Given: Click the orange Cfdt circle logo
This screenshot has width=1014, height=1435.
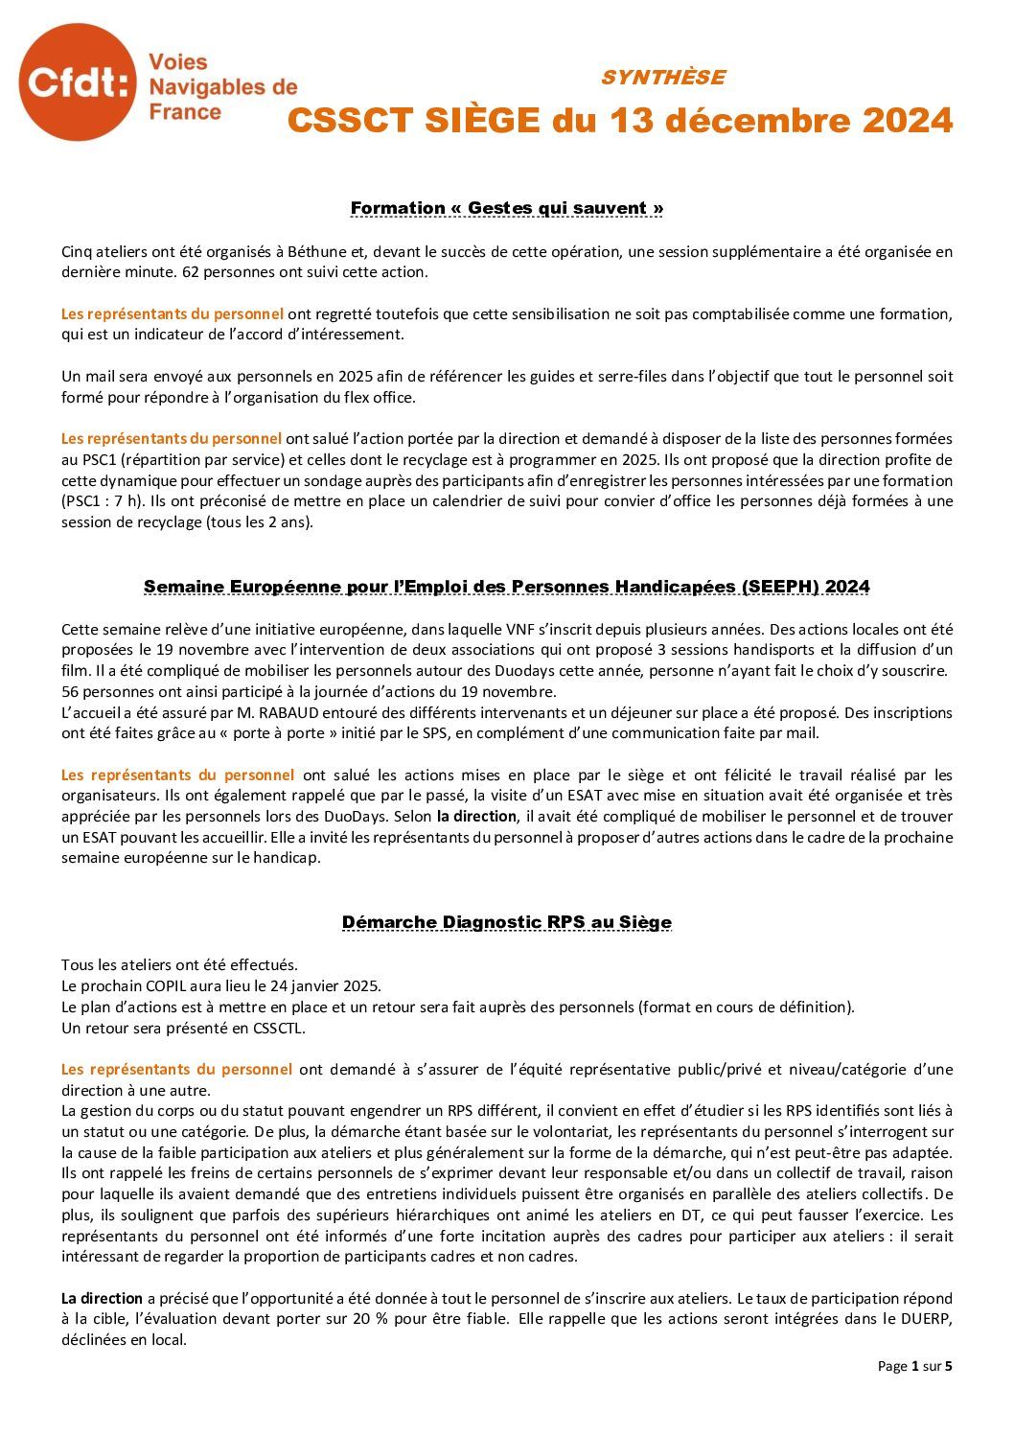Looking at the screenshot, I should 79,82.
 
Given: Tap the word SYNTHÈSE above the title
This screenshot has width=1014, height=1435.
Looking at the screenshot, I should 662,78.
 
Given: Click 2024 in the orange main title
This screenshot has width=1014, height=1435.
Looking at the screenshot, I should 907,122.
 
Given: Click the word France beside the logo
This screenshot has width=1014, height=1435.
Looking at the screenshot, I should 185,112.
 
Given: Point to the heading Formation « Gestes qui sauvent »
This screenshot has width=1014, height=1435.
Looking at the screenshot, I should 507,208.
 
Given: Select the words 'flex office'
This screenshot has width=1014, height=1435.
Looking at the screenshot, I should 381,398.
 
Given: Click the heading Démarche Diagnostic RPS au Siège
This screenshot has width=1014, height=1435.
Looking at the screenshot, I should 507,922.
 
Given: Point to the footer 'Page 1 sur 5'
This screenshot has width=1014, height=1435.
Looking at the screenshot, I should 914,1366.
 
